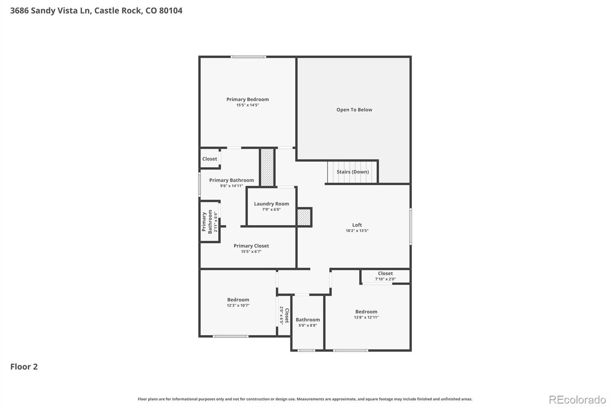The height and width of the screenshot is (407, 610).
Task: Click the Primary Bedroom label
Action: tap(247, 99)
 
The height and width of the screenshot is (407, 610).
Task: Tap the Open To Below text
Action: tap(354, 110)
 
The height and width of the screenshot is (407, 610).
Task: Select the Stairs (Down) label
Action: tap(353, 172)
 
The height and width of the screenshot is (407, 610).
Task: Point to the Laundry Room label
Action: tap(271, 204)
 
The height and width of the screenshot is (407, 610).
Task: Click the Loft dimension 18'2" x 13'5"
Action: tap(357, 231)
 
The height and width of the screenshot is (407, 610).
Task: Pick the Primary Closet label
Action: tap(251, 246)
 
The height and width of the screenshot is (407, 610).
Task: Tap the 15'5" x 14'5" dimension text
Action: tap(247, 105)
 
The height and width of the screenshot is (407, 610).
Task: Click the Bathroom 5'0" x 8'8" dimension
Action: tap(308, 325)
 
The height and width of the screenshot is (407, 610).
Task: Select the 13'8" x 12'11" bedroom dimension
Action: tap(366, 317)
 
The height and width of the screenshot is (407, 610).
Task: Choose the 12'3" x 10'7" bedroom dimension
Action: tap(238, 305)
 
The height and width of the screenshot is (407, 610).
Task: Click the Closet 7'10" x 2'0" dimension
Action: tap(385, 279)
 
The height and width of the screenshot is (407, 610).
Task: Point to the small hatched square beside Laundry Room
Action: tap(304, 217)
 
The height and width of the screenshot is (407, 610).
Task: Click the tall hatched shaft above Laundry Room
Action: tap(267, 167)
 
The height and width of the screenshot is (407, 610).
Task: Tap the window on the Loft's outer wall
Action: tap(411, 226)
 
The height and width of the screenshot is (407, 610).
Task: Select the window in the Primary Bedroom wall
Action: tap(248, 57)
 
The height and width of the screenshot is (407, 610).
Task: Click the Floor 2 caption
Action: tap(24, 367)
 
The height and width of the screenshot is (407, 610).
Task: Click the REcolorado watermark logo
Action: tap(577, 400)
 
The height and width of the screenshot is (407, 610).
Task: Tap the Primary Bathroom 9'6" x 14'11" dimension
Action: tap(231, 186)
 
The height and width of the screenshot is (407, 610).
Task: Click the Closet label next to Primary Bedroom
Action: tap(210, 159)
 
